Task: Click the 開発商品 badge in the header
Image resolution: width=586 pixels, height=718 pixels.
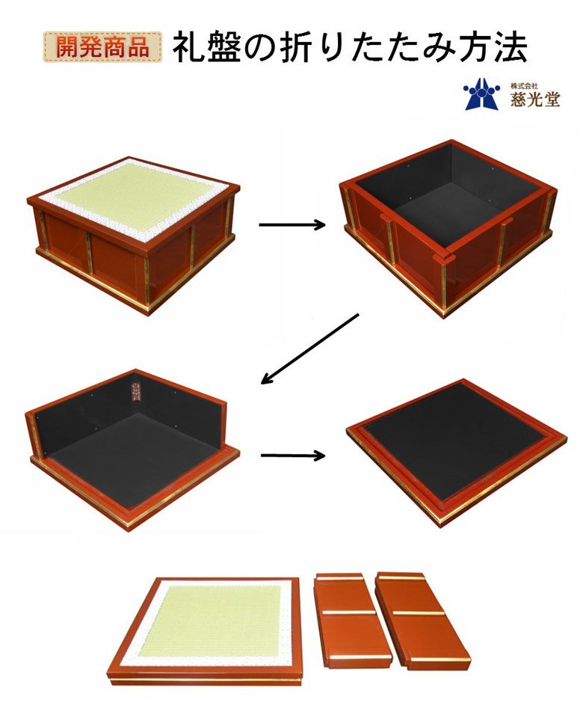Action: (103, 46)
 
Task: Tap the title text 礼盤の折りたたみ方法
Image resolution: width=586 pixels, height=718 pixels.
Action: (350, 46)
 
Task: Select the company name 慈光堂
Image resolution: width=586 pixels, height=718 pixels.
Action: (535, 99)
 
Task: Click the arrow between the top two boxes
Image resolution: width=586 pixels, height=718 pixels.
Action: (292, 224)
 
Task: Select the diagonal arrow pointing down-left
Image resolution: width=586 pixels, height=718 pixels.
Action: (309, 349)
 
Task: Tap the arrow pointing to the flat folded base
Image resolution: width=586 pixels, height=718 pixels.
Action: (293, 455)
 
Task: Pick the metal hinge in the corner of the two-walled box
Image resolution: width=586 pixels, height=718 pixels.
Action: (135, 392)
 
